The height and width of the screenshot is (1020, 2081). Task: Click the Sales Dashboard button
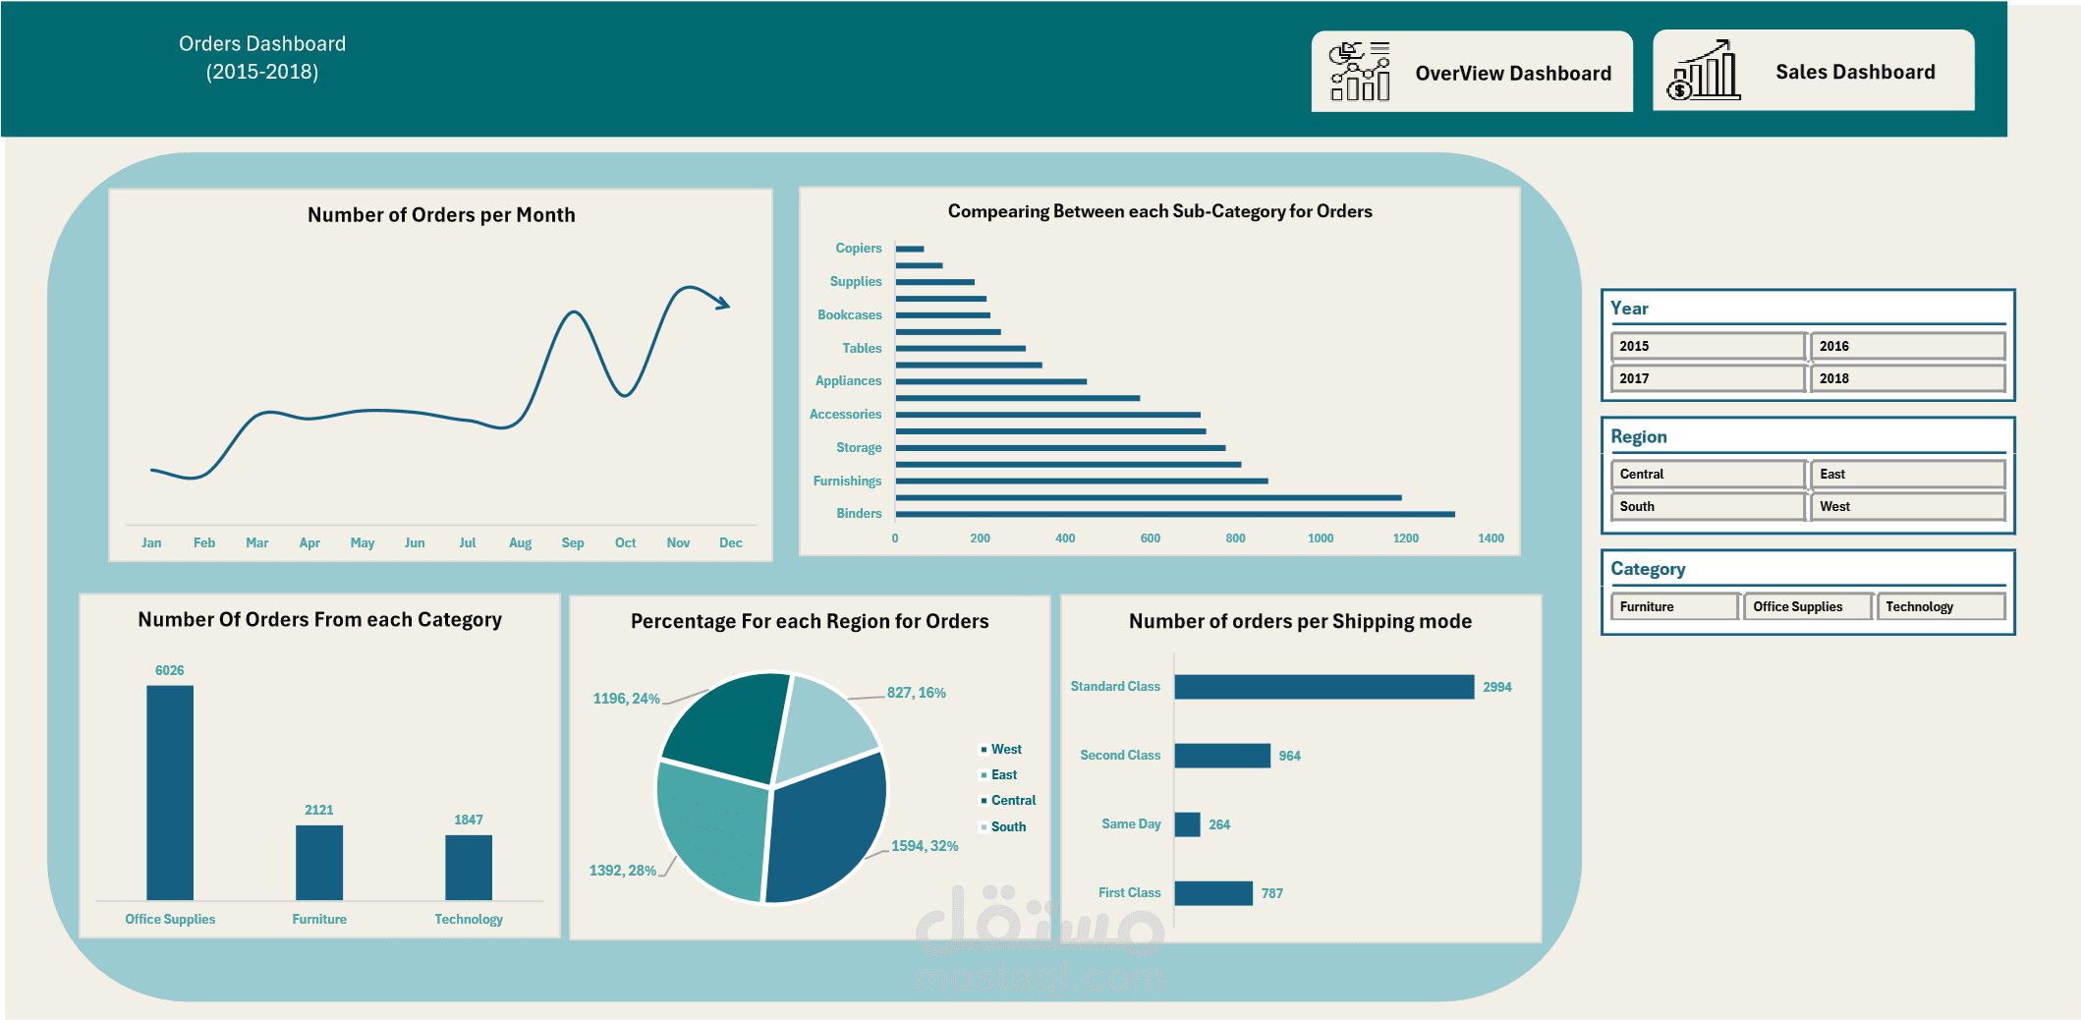point(1813,71)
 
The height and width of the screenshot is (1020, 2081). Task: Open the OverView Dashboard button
point(1472,72)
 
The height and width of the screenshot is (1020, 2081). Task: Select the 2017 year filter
point(1708,378)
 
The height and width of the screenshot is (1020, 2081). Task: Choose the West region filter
point(1906,506)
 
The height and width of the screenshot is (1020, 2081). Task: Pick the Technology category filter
point(1940,606)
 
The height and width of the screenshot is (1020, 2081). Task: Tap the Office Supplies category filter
point(1807,606)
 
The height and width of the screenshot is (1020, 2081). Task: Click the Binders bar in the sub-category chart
point(1174,514)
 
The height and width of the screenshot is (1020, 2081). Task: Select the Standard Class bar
point(1323,687)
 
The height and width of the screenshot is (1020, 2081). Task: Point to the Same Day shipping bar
point(1187,824)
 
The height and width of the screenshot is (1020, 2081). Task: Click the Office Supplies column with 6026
point(170,792)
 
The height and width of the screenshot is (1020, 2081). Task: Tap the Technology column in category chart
point(469,867)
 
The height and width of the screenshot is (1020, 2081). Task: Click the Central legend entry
point(1012,801)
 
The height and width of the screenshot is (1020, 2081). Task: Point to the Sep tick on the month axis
point(573,542)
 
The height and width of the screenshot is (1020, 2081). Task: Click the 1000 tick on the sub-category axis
point(1321,538)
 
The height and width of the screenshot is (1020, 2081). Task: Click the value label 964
point(1289,756)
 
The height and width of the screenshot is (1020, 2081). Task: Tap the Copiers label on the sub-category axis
point(858,249)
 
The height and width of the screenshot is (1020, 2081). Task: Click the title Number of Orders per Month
point(441,215)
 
